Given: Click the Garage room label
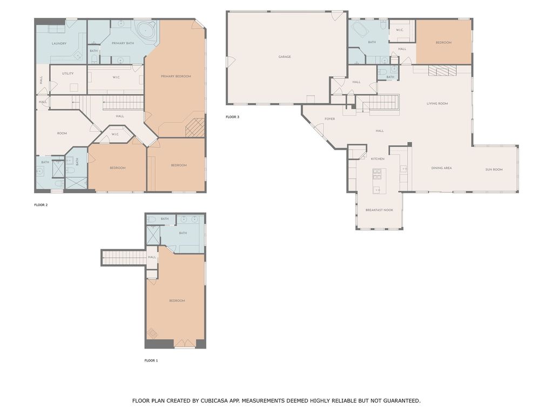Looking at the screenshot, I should tap(285, 57).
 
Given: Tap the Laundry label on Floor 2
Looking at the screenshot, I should tap(59, 43).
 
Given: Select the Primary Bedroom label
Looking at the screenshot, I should tap(176, 76).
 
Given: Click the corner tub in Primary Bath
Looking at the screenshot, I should tap(145, 30).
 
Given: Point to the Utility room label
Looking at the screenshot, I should tap(68, 73).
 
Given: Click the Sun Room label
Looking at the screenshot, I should tap(494, 170).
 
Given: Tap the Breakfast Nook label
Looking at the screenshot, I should tap(379, 210).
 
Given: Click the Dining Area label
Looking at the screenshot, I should tap(441, 168).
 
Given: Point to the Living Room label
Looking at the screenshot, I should tap(437, 103).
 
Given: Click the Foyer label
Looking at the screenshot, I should tap(329, 119).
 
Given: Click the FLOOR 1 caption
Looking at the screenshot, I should tap(151, 360).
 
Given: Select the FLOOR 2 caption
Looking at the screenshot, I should tap(41, 205).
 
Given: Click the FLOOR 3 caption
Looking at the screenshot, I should tap(232, 117).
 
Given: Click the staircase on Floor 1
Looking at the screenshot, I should tap(124, 258).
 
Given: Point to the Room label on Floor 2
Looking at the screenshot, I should tap(62, 133).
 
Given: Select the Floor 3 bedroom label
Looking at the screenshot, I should tap(443, 43).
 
